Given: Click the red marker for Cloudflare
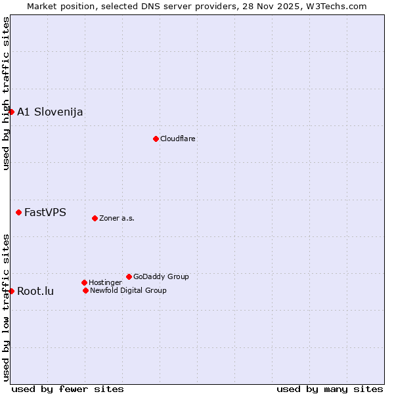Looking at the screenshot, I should tap(156, 139).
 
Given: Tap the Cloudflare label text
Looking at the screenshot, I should tap(178, 139).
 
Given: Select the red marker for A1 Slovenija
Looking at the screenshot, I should tap(11, 112).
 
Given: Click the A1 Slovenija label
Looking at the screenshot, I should tap(50, 112).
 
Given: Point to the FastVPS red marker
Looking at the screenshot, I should tap(18, 212).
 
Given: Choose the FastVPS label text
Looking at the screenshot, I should tap(45, 212).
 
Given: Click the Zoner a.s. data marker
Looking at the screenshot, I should tap(95, 218).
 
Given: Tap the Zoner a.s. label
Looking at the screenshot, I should tap(117, 218).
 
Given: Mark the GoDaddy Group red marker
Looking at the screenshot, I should tap(129, 276).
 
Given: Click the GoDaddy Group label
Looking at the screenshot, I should tap(161, 276).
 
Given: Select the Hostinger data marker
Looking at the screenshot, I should tap(84, 282).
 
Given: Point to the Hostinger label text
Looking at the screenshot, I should tap(105, 282).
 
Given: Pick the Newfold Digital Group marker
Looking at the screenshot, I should tap(85, 290).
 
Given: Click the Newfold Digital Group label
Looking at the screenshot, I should tap(128, 290).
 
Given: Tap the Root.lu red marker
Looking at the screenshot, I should tap(11, 291).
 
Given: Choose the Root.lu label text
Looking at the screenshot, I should tap(35, 291).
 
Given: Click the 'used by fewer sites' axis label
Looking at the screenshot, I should tap(68, 389).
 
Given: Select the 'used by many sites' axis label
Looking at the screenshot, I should tap(330, 389).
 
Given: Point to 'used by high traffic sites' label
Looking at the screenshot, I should tap(6, 93).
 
